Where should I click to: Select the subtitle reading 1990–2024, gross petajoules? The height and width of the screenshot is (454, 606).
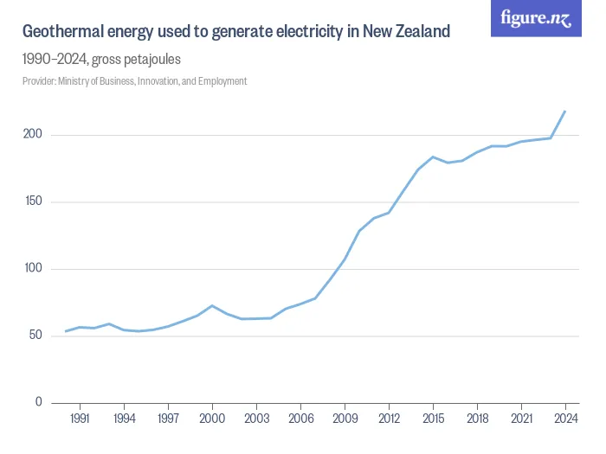pos(101,60)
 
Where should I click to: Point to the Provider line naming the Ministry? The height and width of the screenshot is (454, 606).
pos(134,81)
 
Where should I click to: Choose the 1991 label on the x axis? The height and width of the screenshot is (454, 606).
pos(81,418)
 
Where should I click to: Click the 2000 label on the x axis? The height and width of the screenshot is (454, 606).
pos(212,418)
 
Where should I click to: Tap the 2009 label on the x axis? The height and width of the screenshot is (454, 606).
pos(345,418)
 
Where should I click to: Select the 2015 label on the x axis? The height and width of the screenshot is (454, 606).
pos(433,418)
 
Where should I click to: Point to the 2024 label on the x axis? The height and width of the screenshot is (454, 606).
pos(565,418)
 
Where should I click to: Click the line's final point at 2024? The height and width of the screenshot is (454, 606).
pos(565,111)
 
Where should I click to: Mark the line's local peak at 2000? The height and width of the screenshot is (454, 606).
pos(212,305)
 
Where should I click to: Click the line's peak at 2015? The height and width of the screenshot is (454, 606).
pos(433,157)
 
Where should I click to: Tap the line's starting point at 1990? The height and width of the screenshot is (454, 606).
pos(66,331)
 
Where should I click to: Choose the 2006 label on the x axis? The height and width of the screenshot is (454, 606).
pos(300,418)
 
